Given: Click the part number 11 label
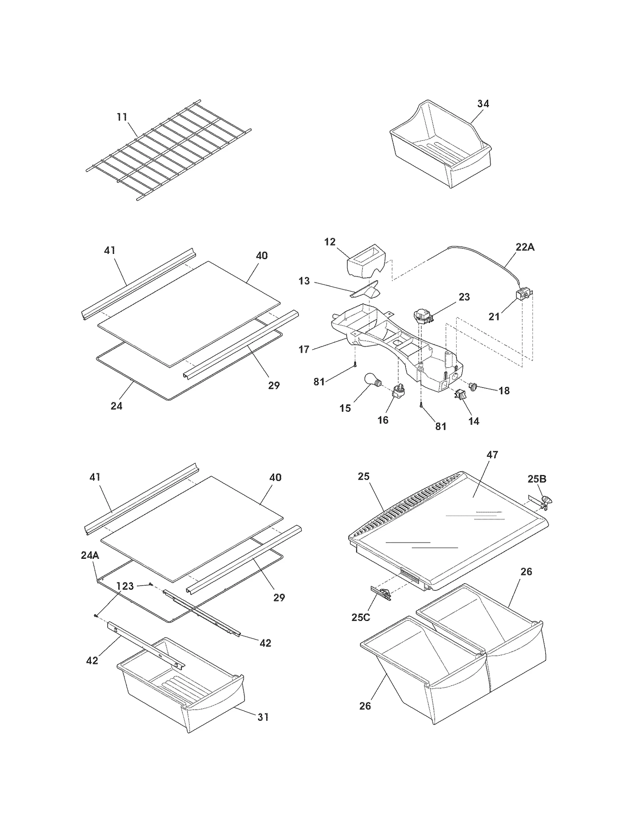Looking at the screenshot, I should (122, 117).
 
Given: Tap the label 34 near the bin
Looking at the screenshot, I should (483, 104).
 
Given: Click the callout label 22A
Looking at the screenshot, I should (525, 247).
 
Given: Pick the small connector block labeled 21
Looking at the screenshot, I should (523, 295).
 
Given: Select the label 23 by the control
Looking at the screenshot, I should (464, 297).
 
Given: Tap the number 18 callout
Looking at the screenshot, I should (504, 391).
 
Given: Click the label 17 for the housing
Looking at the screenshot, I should (304, 349).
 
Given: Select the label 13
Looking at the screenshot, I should (304, 281).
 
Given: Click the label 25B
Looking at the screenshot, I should (537, 479).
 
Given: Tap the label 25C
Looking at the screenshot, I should (360, 617).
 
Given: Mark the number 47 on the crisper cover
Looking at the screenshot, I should (492, 455).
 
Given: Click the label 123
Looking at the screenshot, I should (125, 586).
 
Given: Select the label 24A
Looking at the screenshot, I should (90, 555).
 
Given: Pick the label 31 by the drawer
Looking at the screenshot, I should (263, 717).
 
